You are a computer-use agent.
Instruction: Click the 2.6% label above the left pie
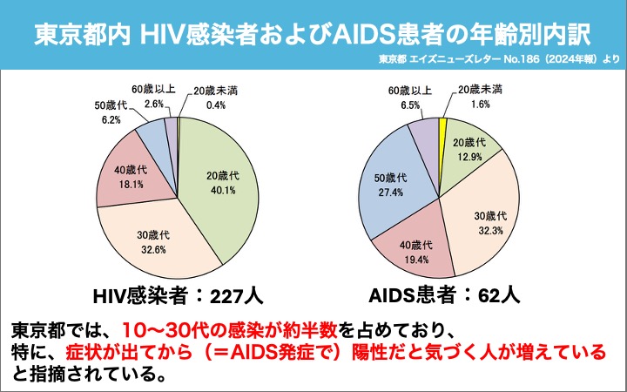tap(154, 104)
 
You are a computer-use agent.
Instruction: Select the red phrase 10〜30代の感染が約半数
tap(219, 331)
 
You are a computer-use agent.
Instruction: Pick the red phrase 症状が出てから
tap(149, 353)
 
